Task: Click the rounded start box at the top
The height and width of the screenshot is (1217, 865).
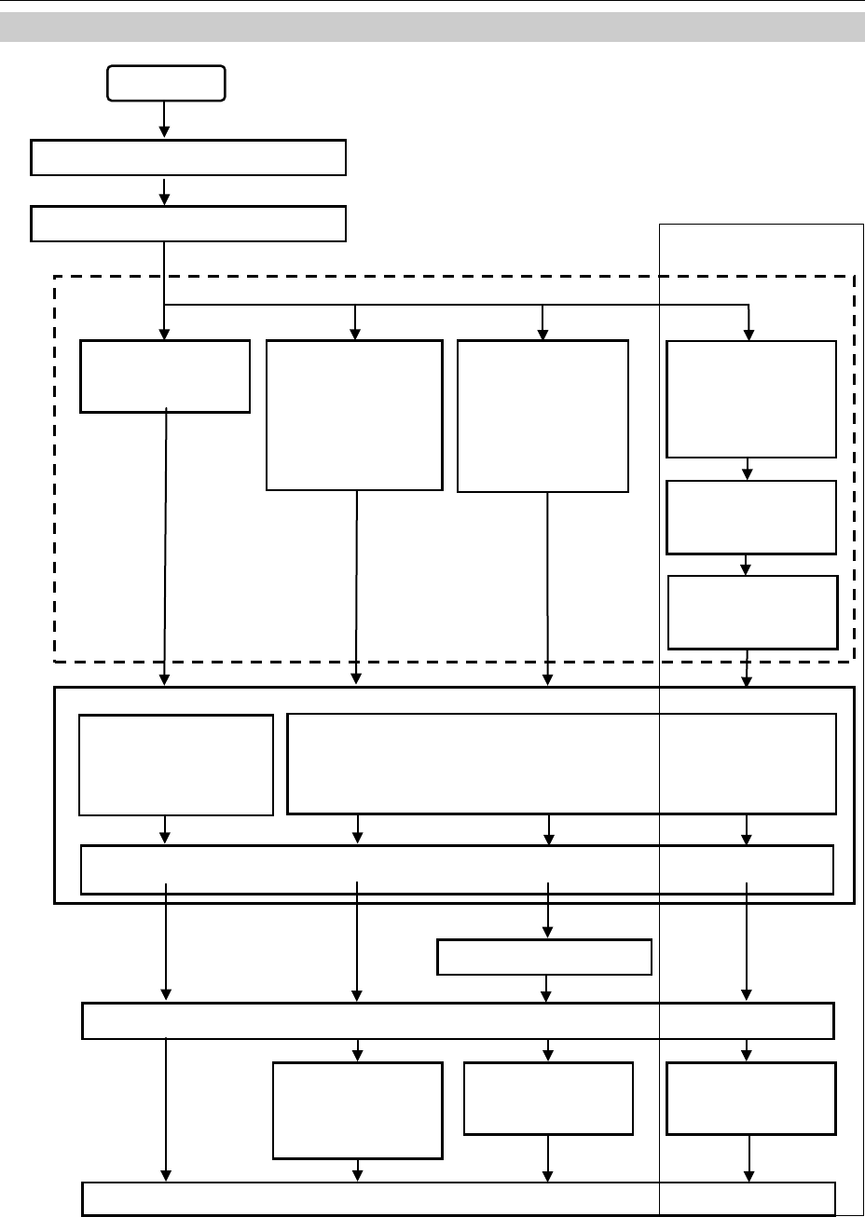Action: (x=165, y=83)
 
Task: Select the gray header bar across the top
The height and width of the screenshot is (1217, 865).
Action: (x=432, y=28)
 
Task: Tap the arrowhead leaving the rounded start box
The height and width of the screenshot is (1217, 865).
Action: (x=165, y=130)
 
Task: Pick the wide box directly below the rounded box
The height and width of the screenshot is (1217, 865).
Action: (x=188, y=157)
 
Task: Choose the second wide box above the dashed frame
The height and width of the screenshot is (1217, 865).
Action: (x=188, y=224)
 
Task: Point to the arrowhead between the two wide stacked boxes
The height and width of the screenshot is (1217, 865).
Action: (x=165, y=197)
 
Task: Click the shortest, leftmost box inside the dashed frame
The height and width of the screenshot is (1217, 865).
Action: (x=165, y=376)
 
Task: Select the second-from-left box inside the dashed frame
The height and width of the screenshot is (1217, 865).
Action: (x=354, y=415)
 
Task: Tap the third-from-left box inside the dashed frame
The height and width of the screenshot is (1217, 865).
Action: (x=543, y=416)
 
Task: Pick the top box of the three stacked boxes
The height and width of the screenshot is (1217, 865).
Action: (x=751, y=399)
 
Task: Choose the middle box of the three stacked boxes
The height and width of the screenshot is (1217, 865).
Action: (x=751, y=517)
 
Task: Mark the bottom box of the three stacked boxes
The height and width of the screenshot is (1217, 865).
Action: (x=753, y=611)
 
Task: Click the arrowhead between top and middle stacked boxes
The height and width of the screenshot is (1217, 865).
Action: (x=747, y=473)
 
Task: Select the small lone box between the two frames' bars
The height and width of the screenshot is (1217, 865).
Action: (x=544, y=957)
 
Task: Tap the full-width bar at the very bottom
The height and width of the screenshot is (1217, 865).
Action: (x=459, y=1198)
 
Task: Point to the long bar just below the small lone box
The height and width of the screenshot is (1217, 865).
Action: (x=458, y=1020)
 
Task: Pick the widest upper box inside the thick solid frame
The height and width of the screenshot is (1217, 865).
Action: (x=561, y=764)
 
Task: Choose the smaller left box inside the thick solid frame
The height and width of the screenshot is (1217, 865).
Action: (x=176, y=765)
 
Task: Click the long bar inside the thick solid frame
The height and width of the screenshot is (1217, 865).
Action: (x=457, y=869)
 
